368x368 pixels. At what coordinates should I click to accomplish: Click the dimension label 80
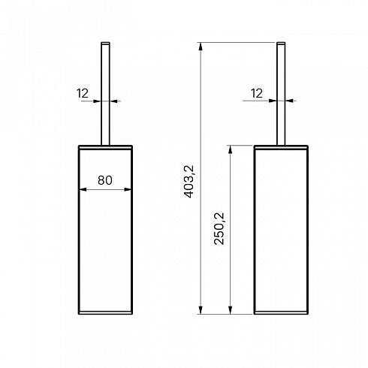tap(105, 180)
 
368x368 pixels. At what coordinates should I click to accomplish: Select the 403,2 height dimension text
tap(189, 182)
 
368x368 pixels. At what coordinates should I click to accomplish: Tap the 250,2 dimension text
tap(219, 228)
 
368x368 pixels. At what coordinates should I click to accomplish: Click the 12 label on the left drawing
tap(83, 93)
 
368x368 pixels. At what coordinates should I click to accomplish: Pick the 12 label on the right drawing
tap(257, 93)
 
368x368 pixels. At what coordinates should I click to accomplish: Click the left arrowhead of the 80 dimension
tap(83, 189)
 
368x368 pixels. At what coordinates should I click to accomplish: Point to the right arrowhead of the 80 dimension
tap(128, 189)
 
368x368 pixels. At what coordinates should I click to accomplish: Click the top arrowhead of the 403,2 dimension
tap(201, 47)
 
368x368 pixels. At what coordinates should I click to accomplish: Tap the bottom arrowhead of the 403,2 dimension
tap(201, 310)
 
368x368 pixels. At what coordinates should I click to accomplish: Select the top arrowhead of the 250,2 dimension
tap(231, 149)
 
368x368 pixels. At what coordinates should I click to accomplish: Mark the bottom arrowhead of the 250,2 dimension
tap(231, 310)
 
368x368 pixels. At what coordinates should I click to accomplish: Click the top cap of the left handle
tap(105, 43)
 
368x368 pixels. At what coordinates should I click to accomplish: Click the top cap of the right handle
tap(281, 43)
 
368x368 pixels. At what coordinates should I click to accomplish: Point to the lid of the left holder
tap(105, 147)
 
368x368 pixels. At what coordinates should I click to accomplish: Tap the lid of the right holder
tap(281, 147)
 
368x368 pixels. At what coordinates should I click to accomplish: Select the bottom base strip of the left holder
tap(105, 312)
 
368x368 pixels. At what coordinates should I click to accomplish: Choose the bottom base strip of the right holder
tap(281, 312)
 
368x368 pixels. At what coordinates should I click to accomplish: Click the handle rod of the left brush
tap(105, 94)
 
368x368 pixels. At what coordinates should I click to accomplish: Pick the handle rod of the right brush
tap(281, 94)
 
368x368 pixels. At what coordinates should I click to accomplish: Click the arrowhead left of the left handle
tap(98, 101)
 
